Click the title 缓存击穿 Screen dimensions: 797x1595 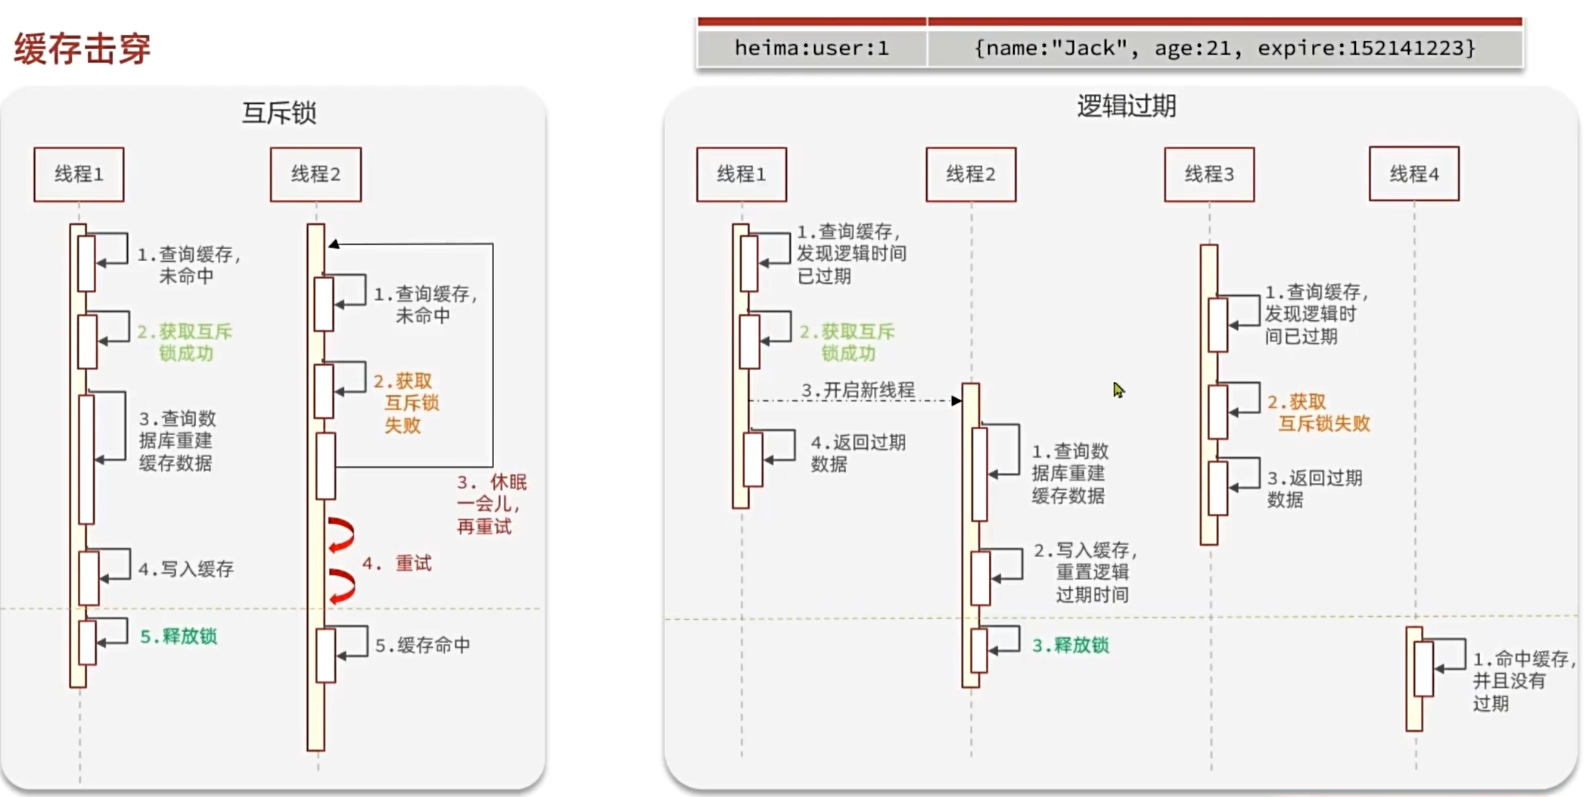pyautogui.click(x=82, y=48)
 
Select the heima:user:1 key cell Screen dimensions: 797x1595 pyautogui.click(x=811, y=48)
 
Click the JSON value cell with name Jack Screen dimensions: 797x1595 pyautogui.click(x=1224, y=48)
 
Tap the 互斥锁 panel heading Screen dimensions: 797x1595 pyautogui.click(x=278, y=113)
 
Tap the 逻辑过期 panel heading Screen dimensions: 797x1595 pyautogui.click(x=1126, y=106)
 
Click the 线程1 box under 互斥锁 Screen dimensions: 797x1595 pyautogui.click(x=79, y=174)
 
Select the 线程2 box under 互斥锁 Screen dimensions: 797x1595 pyautogui.click(x=316, y=174)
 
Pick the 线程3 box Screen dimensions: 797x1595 pyautogui.click(x=1208, y=174)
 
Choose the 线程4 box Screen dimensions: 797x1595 pyautogui.click(x=1413, y=174)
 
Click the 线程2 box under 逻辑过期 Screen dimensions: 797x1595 pyautogui.click(x=971, y=174)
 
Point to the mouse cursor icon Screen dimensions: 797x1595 pyautogui.click(x=1118, y=390)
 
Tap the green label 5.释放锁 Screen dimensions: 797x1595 pyautogui.click(x=179, y=636)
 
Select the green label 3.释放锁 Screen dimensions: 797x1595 pyautogui.click(x=1071, y=645)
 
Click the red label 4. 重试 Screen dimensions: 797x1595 pyautogui.click(x=396, y=563)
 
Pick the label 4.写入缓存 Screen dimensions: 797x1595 pyautogui.click(x=186, y=568)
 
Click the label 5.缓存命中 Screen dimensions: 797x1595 pyautogui.click(x=422, y=645)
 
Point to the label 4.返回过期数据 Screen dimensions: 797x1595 pyautogui.click(x=857, y=453)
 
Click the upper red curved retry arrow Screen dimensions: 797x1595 pyautogui.click(x=341, y=534)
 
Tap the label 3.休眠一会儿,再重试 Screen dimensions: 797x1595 pyautogui.click(x=491, y=504)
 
